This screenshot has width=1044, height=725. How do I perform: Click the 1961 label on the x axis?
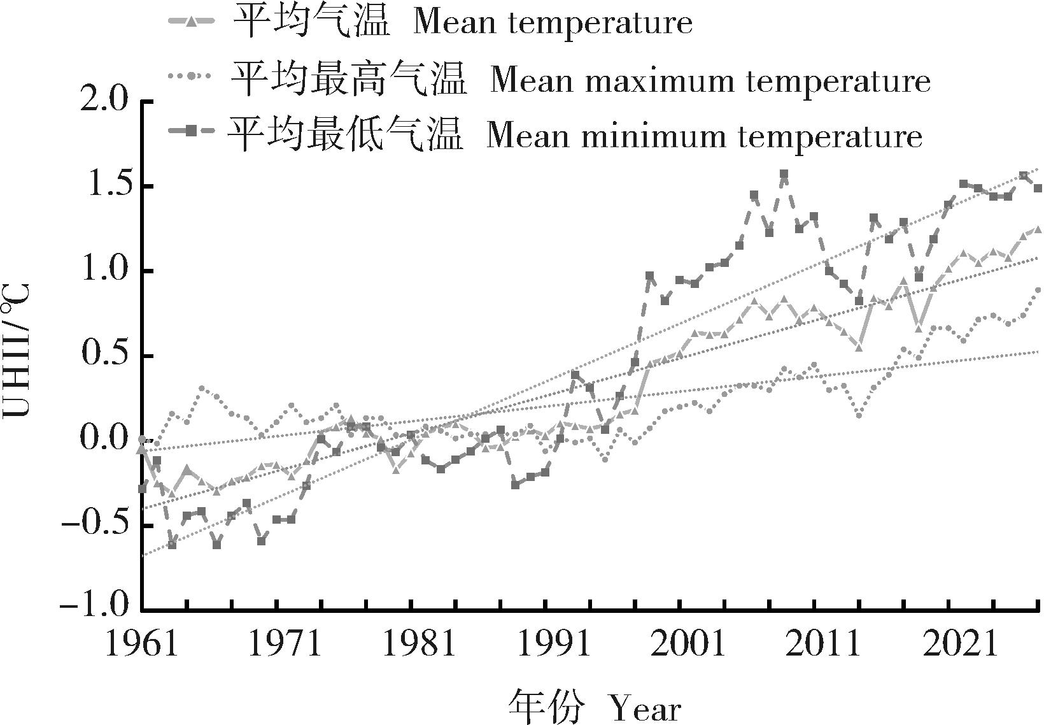141,645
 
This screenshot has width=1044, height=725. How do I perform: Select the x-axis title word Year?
645,708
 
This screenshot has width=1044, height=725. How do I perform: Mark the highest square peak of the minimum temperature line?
784,173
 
